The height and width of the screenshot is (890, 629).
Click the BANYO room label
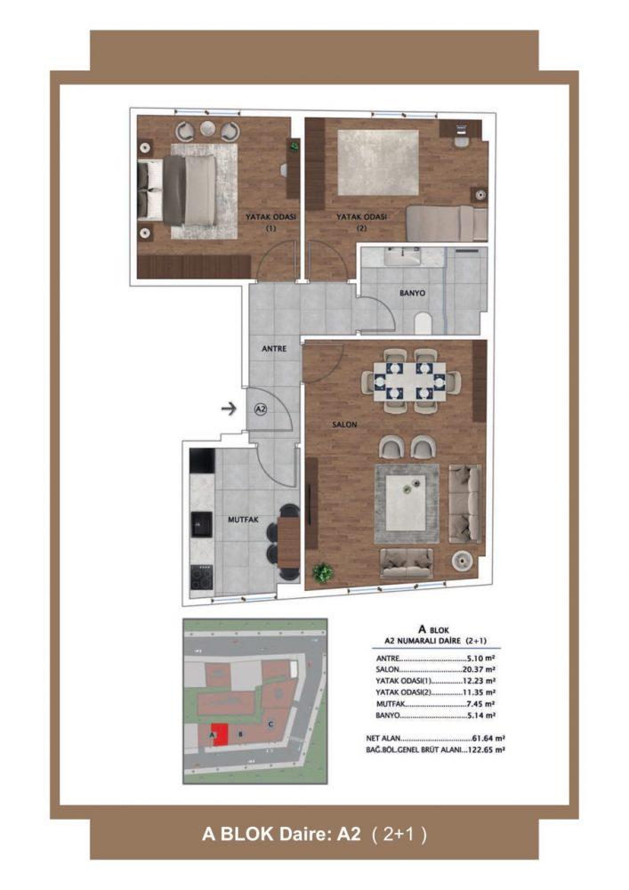point(412,294)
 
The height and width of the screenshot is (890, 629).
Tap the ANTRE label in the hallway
point(274,349)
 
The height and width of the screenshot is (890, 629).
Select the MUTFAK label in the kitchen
point(243,520)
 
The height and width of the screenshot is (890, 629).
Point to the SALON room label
point(344,424)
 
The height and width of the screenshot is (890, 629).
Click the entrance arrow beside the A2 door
point(229,408)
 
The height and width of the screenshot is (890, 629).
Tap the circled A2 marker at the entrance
point(261,409)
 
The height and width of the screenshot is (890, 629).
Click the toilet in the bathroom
point(423,324)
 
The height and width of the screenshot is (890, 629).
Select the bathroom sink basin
point(403,258)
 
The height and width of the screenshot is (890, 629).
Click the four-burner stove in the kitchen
point(201,578)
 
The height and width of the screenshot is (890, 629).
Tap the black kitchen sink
point(201,524)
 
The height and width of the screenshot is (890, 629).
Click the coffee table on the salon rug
point(406,503)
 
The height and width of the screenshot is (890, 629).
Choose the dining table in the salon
point(410,380)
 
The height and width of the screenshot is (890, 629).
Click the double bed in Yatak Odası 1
point(177,190)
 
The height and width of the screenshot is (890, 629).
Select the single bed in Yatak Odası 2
point(447,223)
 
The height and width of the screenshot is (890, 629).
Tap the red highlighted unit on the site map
point(220,734)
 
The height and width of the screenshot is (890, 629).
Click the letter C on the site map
point(271,724)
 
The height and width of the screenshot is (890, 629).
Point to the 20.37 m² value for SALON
point(480,670)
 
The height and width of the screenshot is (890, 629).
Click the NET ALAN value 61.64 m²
point(488,739)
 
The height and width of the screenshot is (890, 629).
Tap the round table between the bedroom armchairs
point(207,129)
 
